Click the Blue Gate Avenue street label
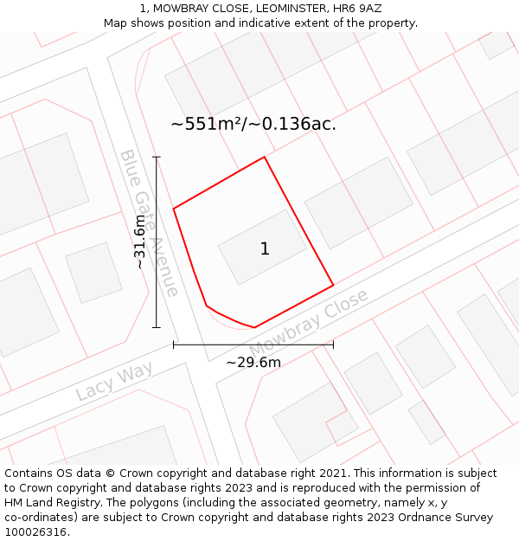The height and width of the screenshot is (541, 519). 149,222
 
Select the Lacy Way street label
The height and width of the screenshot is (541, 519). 113,381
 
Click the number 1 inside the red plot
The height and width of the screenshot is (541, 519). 265,249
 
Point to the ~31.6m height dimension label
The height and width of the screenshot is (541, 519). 140,242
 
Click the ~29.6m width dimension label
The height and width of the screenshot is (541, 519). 253,362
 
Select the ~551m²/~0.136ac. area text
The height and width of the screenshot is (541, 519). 253,124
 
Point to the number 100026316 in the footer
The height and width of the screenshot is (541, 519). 35,532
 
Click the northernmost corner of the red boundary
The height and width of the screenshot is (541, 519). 264,157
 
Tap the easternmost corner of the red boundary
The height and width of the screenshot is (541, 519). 333,285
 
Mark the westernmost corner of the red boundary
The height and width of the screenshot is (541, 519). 174,209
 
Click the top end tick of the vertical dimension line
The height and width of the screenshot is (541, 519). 157,157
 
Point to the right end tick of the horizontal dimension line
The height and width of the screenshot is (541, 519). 333,345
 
